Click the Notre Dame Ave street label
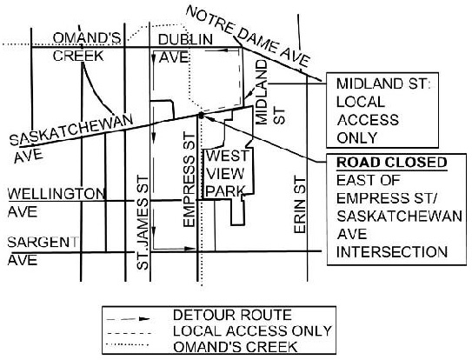pos(248,37)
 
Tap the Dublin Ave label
pos(186,48)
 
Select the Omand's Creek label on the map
pos(87,47)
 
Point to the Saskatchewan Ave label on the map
pos(70,138)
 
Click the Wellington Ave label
pos(57,203)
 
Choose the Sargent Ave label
pos(43,251)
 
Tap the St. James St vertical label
pos(143,223)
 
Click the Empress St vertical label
pos(189,179)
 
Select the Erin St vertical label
pos(300,205)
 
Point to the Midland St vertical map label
pos(270,92)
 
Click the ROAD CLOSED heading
pos(392,163)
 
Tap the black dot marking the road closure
pos(201,115)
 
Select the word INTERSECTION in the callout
pos(392,252)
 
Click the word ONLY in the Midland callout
pos(357,138)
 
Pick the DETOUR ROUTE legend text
pos(232,315)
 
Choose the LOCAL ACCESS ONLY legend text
pos(252,330)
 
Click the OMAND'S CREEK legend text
pos(236,347)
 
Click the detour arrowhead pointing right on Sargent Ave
pos(189,249)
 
